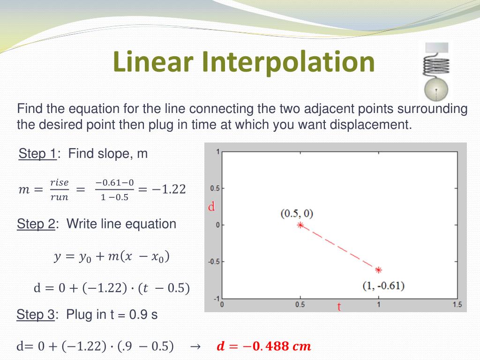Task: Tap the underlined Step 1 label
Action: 37,153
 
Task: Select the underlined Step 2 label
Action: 36,224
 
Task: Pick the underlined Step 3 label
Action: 36,314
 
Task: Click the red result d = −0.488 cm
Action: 264,346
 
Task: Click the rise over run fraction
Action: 60,189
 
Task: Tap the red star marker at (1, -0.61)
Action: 378,270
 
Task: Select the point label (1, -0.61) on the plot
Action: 383,285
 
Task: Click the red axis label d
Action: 211,207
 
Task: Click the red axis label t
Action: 339,307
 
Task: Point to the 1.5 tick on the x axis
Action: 457,305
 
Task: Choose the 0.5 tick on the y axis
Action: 214,188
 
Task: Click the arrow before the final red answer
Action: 195,347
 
